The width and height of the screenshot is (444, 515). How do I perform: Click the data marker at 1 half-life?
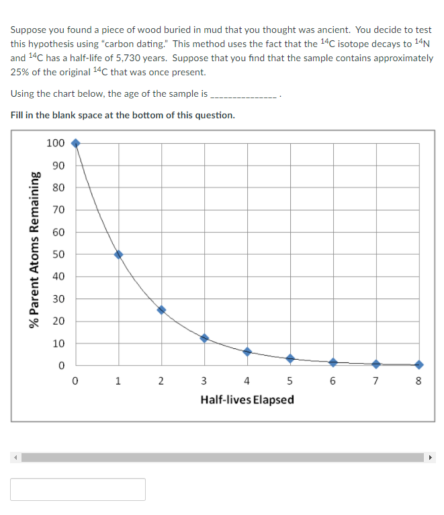[x=118, y=254]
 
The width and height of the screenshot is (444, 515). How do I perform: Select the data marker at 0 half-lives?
[x=75, y=143]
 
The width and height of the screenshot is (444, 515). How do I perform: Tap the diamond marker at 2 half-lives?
[x=161, y=310]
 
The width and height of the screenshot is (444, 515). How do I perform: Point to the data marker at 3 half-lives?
[x=204, y=338]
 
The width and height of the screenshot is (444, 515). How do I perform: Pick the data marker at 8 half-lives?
[x=419, y=364]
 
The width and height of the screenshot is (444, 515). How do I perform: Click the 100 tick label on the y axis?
[x=56, y=143]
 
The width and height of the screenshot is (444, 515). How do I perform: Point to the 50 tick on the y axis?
[x=58, y=254]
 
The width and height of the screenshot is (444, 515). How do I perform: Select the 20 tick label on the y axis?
[x=58, y=321]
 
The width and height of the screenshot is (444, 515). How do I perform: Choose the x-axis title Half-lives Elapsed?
[x=247, y=400]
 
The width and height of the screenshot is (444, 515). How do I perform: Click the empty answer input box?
[x=78, y=489]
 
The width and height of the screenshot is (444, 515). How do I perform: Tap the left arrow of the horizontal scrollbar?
[x=15, y=458]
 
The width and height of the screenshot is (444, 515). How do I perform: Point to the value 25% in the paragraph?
[x=20, y=73]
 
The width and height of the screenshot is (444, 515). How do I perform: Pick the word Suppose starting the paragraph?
[x=28, y=30]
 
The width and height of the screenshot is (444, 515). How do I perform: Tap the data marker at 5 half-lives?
[x=290, y=358]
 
